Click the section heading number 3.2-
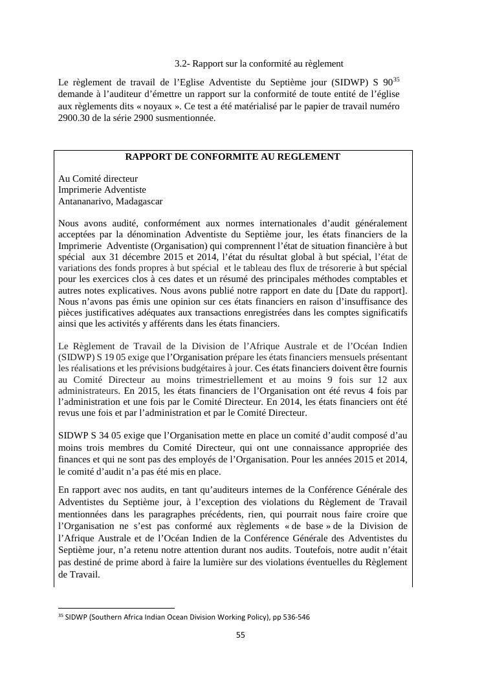(182, 63)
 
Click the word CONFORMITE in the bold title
(219, 157)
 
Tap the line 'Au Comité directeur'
(98, 178)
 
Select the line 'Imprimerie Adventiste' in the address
(102, 189)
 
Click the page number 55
(240, 635)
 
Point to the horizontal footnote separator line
(116, 608)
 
